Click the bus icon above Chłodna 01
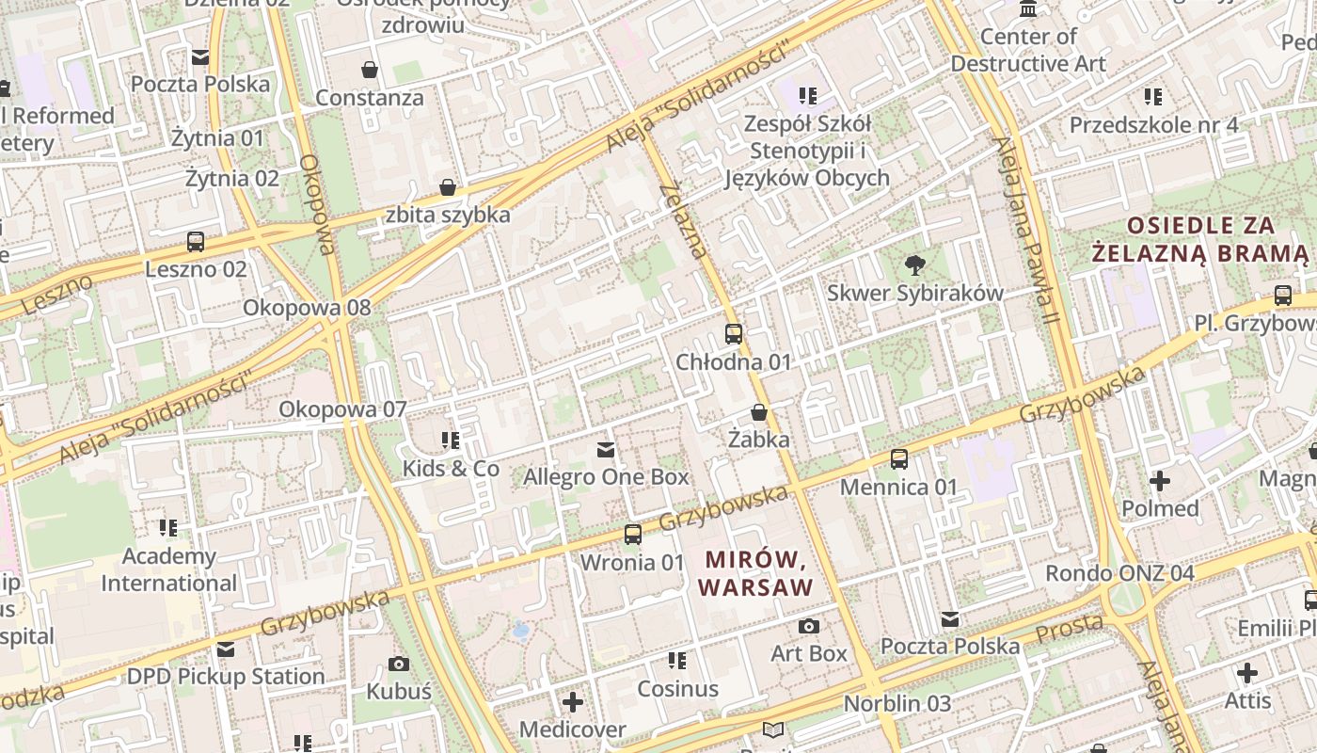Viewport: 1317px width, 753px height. tap(734, 334)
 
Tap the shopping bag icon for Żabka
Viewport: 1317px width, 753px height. tap(759, 412)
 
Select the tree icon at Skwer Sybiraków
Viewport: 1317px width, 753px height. tap(913, 265)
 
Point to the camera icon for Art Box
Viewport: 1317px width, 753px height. tap(808, 626)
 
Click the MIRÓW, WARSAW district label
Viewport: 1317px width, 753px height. tap(755, 574)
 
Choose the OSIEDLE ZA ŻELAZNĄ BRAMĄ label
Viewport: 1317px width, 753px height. tap(1200, 239)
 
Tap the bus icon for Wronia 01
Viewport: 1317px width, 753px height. tap(633, 535)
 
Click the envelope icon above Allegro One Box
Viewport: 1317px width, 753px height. tap(606, 450)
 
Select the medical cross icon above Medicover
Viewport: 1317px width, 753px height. tap(573, 702)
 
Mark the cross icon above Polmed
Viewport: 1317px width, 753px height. tap(1160, 481)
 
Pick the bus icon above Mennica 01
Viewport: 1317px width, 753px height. tap(899, 459)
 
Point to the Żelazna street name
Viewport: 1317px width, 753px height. tap(684, 221)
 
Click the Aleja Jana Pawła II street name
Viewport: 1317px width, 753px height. tap(1026, 232)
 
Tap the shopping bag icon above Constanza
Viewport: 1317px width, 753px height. tap(371, 70)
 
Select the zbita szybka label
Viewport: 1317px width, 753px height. tap(448, 215)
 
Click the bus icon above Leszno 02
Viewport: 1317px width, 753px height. tap(196, 242)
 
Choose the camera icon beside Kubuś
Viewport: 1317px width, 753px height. tap(399, 664)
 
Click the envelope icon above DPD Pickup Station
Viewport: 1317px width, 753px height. tap(226, 649)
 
